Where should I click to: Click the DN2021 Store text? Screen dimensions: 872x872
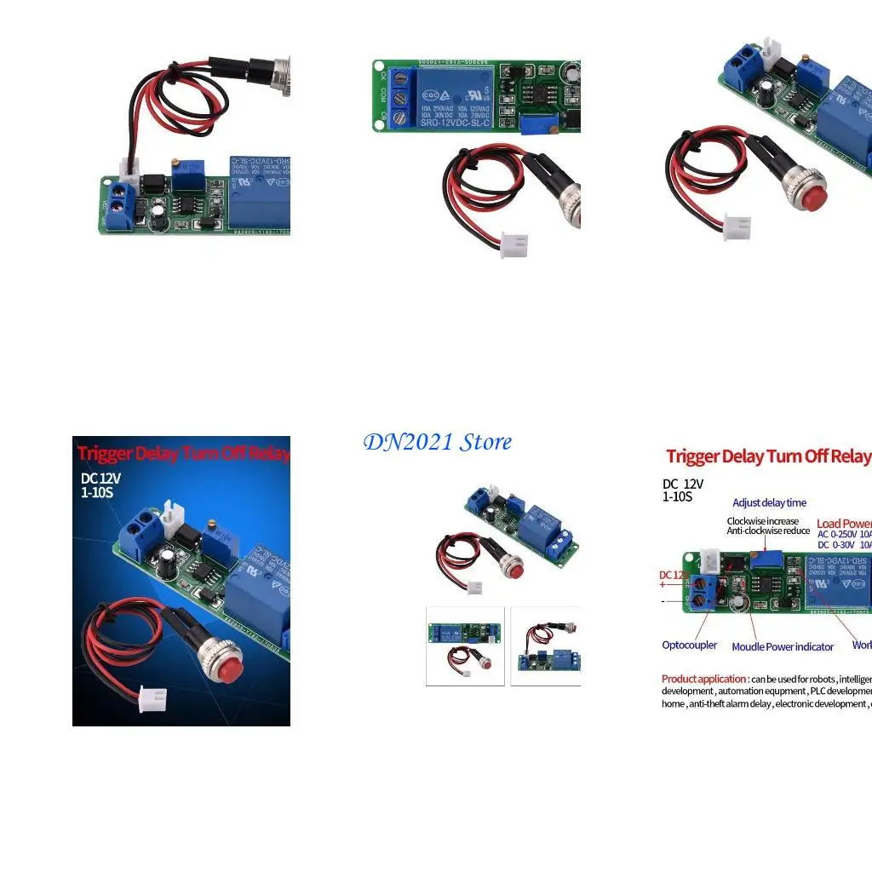(438, 442)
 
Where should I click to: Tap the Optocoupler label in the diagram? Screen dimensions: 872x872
(689, 645)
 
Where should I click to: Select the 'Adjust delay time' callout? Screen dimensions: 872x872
(769, 502)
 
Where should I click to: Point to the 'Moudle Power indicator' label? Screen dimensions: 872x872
(783, 646)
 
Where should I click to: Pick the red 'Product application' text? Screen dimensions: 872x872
(704, 679)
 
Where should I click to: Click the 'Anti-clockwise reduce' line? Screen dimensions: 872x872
(768, 531)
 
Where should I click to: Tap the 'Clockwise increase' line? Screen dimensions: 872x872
(763, 520)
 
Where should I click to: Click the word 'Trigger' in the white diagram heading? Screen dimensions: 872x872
(692, 457)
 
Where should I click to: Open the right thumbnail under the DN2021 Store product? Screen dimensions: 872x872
(546, 645)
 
